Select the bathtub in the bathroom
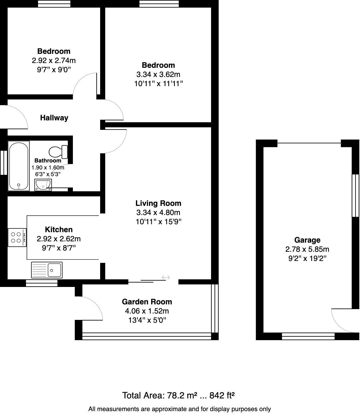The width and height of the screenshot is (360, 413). (19, 166)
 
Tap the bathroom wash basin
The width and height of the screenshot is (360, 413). (43, 185)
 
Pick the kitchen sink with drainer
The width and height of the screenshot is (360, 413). (47, 270)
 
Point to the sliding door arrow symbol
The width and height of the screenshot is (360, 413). (166, 278)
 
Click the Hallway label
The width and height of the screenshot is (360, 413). (54, 118)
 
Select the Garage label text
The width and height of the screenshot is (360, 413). (307, 240)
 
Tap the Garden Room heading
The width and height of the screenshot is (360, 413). (147, 302)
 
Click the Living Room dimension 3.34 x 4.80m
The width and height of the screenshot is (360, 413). (158, 213)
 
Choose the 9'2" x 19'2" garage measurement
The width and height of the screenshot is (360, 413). (307, 258)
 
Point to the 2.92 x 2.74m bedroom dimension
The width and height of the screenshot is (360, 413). (54, 60)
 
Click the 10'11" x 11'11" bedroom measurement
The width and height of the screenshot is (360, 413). (158, 84)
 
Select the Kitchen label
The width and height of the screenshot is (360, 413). (59, 230)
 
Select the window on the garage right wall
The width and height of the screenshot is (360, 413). (356, 195)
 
